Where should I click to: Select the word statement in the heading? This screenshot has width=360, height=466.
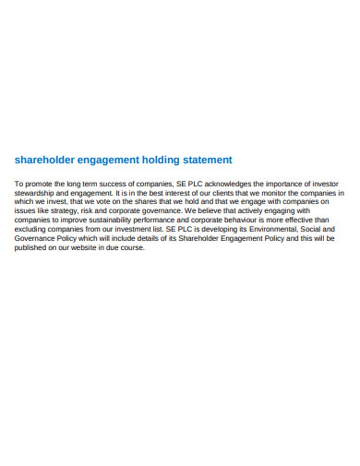tap(204, 160)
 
